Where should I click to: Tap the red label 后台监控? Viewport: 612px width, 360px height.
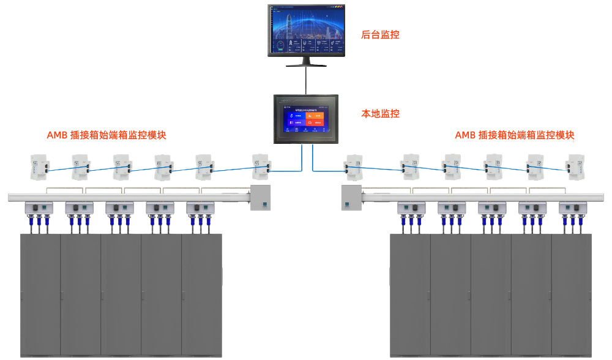(x=380, y=35)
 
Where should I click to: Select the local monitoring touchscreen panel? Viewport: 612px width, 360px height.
(x=306, y=119)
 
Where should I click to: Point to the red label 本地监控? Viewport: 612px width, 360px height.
(x=380, y=114)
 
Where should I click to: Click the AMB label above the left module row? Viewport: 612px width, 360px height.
(x=106, y=135)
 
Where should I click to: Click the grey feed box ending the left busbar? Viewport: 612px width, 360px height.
(x=261, y=197)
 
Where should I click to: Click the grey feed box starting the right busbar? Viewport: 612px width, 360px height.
(x=351, y=197)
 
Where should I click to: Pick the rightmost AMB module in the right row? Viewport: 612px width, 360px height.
(x=575, y=167)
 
